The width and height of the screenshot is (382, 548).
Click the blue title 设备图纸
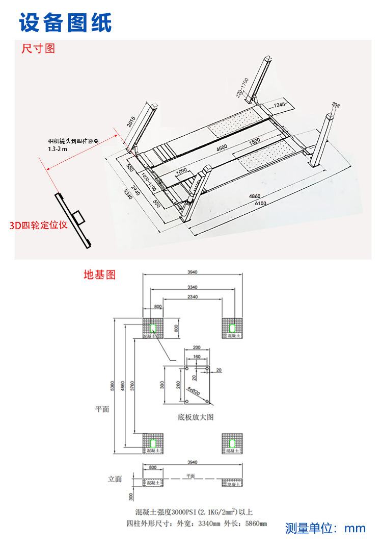tap(65, 22)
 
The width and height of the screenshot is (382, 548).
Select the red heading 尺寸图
tap(38, 49)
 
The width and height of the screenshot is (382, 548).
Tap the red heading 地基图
tap(100, 275)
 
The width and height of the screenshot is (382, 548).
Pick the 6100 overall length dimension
tap(260, 204)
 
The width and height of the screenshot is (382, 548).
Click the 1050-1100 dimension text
tap(149, 181)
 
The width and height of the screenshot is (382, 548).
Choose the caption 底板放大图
tap(196, 417)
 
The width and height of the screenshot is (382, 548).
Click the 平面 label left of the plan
tap(102, 409)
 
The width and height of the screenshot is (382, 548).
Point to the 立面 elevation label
tap(116, 479)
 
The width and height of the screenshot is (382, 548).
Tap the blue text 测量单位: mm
tap(325, 528)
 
